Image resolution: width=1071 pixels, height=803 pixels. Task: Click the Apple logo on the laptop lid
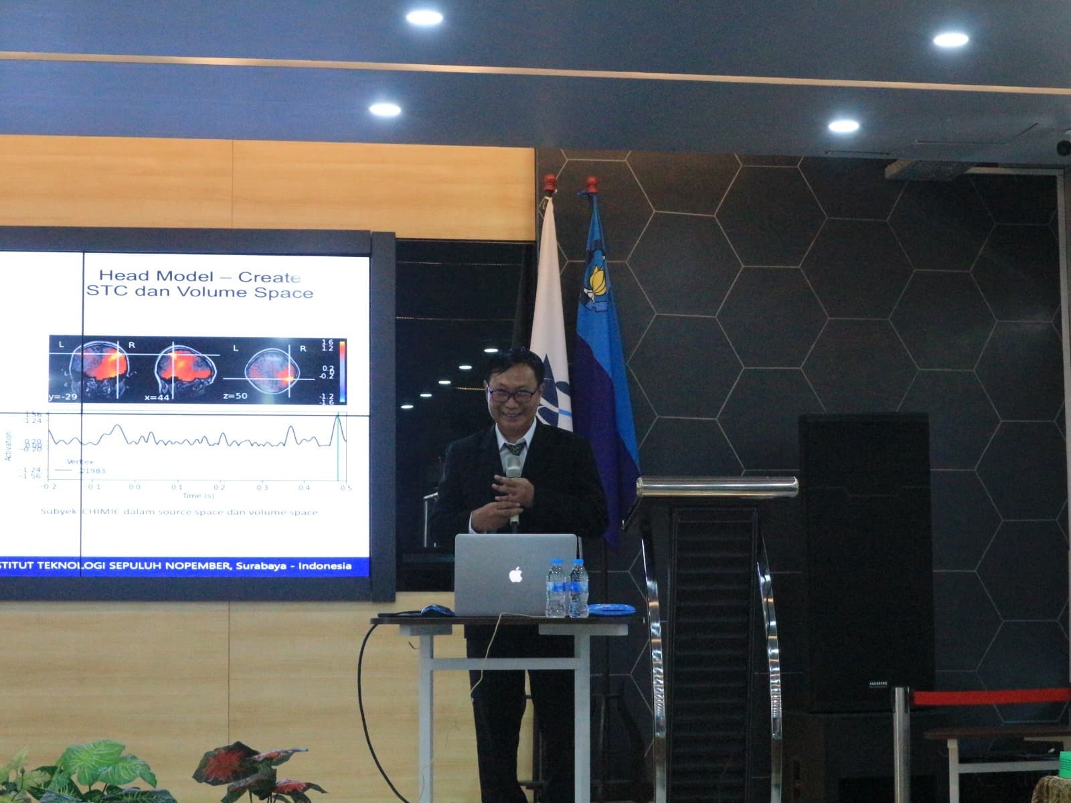click(515, 574)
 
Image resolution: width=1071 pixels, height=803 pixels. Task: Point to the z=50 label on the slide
click(235, 396)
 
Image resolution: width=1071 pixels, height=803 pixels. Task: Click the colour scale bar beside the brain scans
click(342, 371)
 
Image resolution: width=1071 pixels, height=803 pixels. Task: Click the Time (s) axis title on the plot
click(199, 495)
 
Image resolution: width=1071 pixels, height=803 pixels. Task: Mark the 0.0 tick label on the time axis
click(135, 488)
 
